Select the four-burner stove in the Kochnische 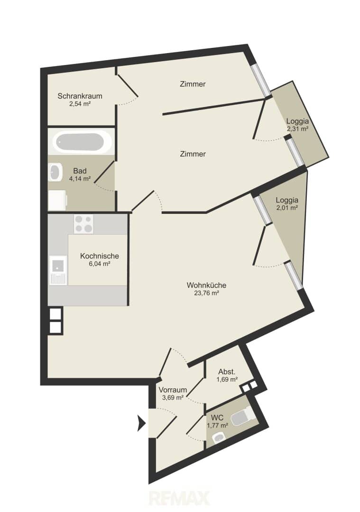[83, 224]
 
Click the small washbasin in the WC [219, 438]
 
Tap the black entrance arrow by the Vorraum [141, 423]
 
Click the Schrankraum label [80, 96]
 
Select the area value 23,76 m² [206, 293]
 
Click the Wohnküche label [206, 285]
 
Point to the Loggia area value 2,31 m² [297, 129]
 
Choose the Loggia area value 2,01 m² [287, 208]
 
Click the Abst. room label [227, 372]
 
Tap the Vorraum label [173, 390]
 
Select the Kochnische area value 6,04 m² [99, 264]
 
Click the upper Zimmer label [193, 84]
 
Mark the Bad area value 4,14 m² [80, 179]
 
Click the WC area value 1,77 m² [217, 425]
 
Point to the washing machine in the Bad [57, 200]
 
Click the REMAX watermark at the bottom [179, 499]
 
